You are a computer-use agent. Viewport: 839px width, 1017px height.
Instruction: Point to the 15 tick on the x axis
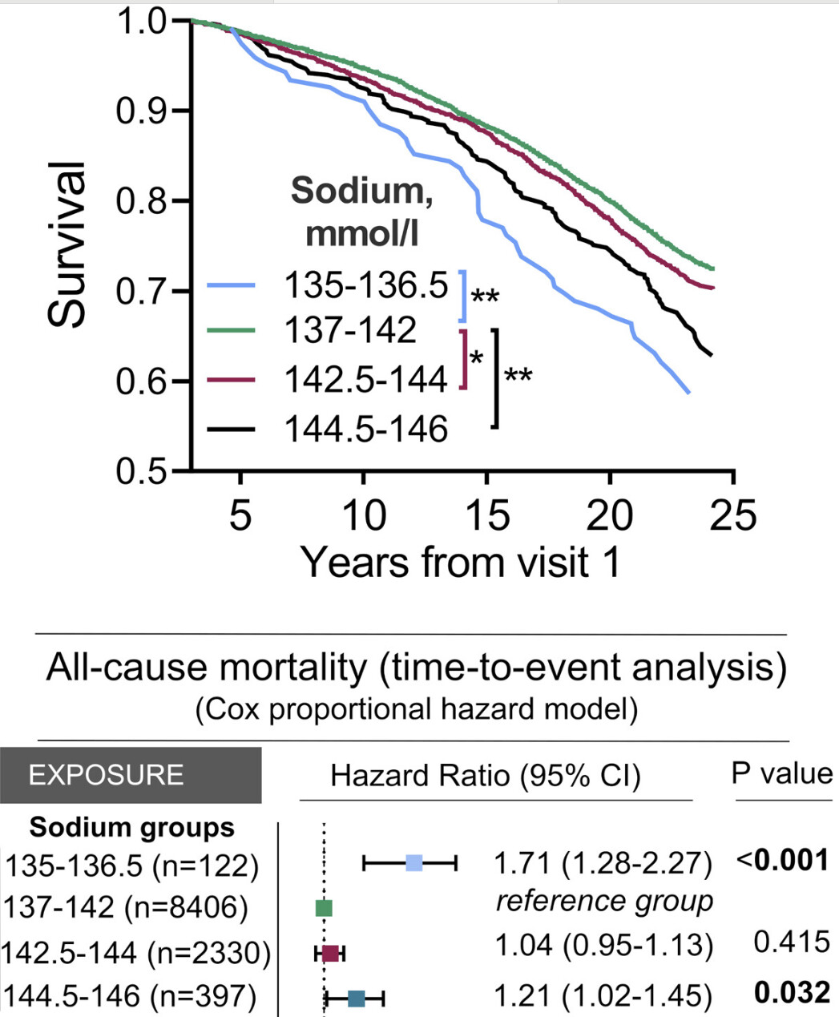tap(486, 515)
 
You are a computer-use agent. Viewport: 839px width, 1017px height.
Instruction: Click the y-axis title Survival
tap(67, 244)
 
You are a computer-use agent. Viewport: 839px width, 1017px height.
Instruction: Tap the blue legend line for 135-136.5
tap(232, 285)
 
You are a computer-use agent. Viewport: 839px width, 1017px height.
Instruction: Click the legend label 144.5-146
tap(366, 430)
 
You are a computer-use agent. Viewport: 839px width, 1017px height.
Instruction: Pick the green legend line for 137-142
tap(232, 329)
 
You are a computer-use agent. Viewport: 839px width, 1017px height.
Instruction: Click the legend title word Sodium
tap(361, 191)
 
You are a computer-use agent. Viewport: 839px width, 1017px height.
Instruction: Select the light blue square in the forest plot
tap(413, 863)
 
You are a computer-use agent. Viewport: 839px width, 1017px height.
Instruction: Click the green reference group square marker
tap(324, 908)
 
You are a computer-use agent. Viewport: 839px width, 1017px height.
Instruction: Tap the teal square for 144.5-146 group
tap(357, 998)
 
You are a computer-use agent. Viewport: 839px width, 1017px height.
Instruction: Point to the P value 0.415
tap(792, 942)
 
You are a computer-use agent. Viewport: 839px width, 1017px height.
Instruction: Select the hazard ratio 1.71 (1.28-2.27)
tap(603, 863)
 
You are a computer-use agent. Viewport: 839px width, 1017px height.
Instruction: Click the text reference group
tap(604, 902)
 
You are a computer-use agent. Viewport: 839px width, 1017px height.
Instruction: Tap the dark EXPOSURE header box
tap(130, 775)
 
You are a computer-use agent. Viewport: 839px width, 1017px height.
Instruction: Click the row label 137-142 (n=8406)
tap(126, 908)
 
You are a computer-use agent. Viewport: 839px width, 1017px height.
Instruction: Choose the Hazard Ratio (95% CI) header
tap(486, 776)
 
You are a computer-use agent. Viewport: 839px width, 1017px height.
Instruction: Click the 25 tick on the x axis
tap(733, 515)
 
